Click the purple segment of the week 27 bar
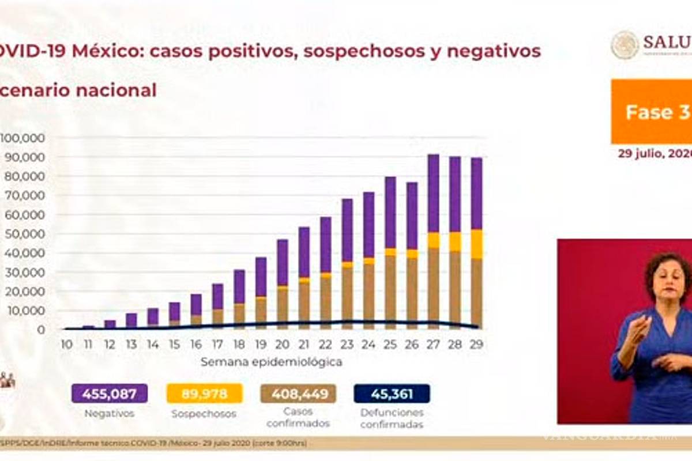coord(433,193)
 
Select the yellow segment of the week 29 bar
coord(476,244)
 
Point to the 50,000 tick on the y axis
coord(22,234)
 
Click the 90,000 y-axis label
coord(22,157)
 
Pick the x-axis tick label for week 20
coord(282,345)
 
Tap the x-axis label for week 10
coord(66,345)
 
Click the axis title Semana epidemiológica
coord(271,362)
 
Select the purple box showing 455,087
coord(110,394)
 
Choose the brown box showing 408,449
coord(298,394)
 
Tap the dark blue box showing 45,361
coord(392,394)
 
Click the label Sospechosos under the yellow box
coord(204,414)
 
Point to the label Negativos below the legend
coord(109,413)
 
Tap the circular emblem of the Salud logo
coord(625,45)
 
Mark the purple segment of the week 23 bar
coord(347,230)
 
